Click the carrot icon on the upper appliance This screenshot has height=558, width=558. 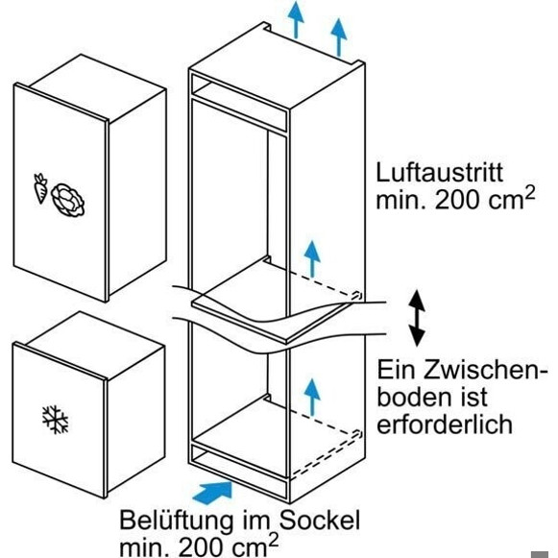(x=40, y=188)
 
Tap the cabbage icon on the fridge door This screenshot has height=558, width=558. (x=68, y=200)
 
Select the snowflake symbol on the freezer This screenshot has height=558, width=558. (x=55, y=419)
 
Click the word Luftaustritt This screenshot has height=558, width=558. (x=440, y=173)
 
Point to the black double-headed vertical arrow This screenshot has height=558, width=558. (x=417, y=318)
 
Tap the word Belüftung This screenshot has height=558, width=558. (x=176, y=521)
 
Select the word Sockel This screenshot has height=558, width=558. (x=319, y=521)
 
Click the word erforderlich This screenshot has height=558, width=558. (x=445, y=424)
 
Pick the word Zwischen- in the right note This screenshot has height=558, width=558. (x=486, y=370)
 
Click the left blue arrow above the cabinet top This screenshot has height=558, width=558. (x=296, y=19)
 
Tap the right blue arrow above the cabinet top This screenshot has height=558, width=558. (x=339, y=37)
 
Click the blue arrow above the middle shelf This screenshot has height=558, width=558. (x=312, y=258)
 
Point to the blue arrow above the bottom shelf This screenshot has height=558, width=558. (x=312, y=397)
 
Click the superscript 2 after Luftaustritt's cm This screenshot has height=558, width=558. (x=529, y=194)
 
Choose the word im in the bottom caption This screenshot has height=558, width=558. (x=255, y=521)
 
